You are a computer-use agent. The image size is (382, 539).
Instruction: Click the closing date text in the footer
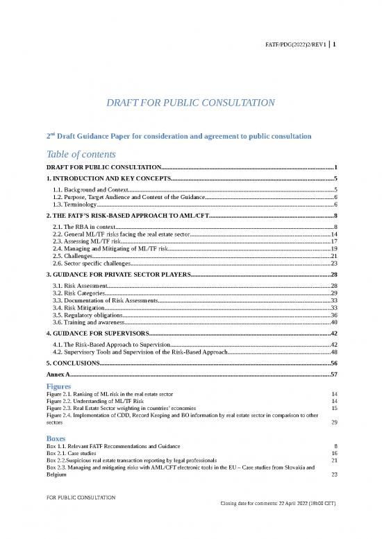pos(278,522)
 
